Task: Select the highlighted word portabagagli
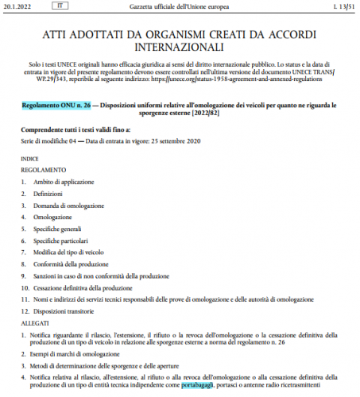(x=197, y=385)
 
